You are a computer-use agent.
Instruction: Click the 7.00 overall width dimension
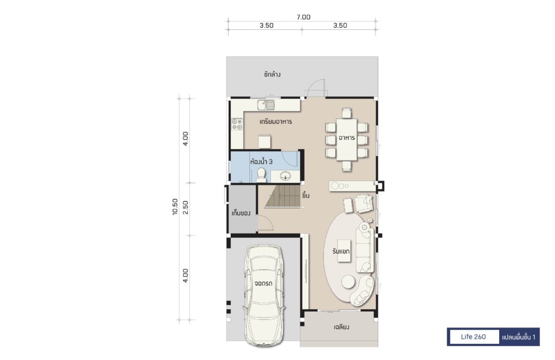coord(304,17)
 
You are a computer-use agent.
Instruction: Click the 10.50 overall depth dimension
coord(175,207)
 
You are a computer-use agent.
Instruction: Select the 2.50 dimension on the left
coord(185,208)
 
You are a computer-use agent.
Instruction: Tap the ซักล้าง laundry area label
coord(272,74)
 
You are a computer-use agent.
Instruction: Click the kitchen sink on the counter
coord(266,105)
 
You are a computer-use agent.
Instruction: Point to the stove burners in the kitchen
coord(237,124)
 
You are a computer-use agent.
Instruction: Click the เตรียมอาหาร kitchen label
coord(276,121)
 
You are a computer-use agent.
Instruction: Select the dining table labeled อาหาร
coord(346,139)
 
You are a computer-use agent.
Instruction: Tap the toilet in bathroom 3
coord(261,176)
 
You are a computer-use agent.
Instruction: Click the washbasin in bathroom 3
coord(285,176)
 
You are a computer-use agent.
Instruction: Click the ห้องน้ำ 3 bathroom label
coord(261,162)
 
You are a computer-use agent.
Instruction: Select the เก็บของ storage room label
coord(241,214)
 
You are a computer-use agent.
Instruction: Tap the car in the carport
coord(264,295)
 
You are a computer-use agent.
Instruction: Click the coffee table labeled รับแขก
coord(344,251)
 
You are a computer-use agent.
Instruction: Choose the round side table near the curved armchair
coord(349,282)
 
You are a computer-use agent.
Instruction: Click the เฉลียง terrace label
coord(341,327)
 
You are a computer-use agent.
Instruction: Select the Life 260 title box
coord(473,337)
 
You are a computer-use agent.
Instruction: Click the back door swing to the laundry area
coord(316,87)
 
